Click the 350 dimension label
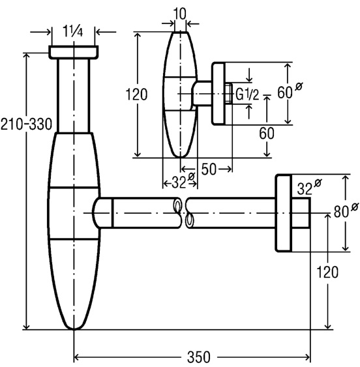pyautogui.click(x=198, y=357)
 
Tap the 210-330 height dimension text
pyautogui.click(x=26, y=124)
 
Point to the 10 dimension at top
pyautogui.click(x=180, y=14)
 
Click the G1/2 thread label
pyautogui.click(x=247, y=95)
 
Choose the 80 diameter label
pyautogui.click(x=346, y=211)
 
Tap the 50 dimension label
pyautogui.click(x=209, y=169)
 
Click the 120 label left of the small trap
pyautogui.click(x=136, y=95)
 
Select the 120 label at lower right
pyautogui.click(x=327, y=272)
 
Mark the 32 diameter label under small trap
pyautogui.click(x=183, y=181)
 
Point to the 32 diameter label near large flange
pyautogui.click(x=309, y=187)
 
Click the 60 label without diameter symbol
pyautogui.click(x=267, y=134)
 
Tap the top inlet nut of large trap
pyautogui.click(x=74, y=52)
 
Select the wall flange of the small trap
pyautogui.click(x=218, y=94)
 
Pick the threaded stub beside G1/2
pyautogui.click(x=229, y=94)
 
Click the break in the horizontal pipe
pyautogui.click(x=184, y=213)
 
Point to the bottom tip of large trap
pyautogui.click(x=74, y=329)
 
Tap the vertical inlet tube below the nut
pyautogui.click(x=74, y=95)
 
